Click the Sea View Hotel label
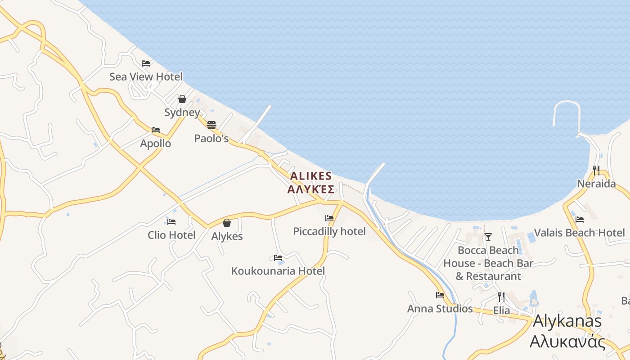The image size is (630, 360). (146, 76)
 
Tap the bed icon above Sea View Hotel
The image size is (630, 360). (146, 63)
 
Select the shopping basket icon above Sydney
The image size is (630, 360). (182, 99)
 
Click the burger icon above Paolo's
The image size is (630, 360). (211, 125)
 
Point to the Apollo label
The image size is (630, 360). (156, 144)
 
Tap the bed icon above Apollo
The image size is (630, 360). (156, 130)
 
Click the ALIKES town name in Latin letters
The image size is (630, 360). (311, 176)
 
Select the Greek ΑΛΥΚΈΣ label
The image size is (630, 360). (311, 189)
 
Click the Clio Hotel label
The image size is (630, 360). (171, 235)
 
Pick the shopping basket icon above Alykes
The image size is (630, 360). (227, 223)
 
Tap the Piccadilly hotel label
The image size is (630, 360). (329, 231)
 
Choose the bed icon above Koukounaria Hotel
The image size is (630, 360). (278, 258)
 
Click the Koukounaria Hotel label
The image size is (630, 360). (278, 271)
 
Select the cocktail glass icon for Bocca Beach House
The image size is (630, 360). (488, 237)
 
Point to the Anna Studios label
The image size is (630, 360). (440, 309)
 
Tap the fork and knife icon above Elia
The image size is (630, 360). (501, 297)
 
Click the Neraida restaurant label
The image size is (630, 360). (596, 184)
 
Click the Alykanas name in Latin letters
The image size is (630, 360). (567, 321)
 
